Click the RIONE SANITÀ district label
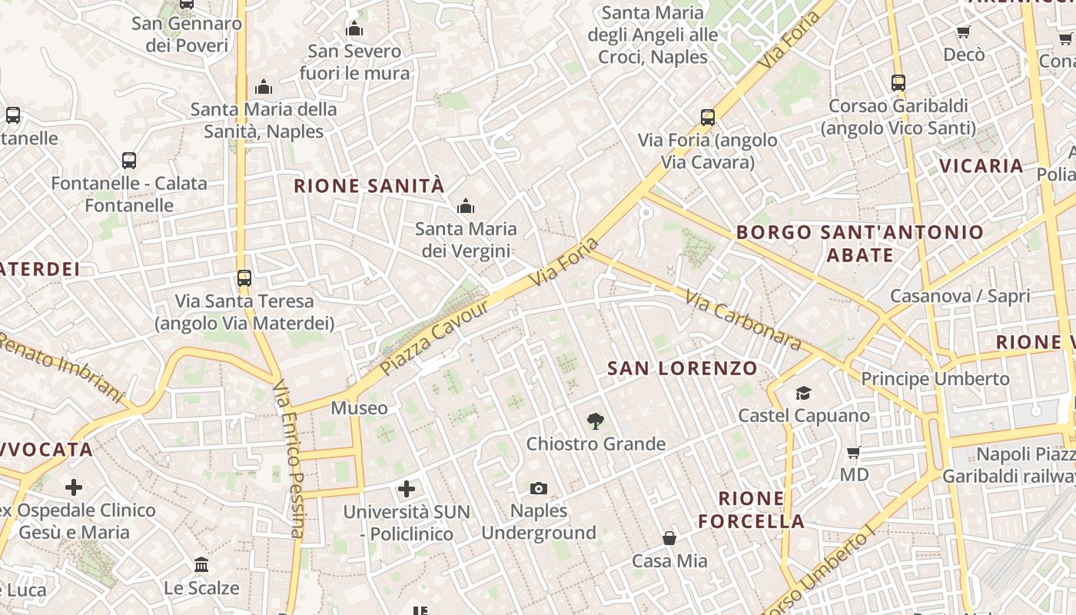[369, 186]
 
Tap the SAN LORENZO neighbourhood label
[682, 368]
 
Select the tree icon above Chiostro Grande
[595, 421]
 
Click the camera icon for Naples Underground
[539, 488]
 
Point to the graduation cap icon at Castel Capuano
[803, 393]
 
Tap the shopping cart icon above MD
[853, 452]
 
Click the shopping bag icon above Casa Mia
[669, 538]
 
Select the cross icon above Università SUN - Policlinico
[407, 488]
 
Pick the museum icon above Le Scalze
[201, 565]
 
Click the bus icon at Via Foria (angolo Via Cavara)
[708, 118]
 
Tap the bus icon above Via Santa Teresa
[244, 278]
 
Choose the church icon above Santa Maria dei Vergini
[465, 206]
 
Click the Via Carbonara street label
[742, 320]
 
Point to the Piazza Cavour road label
[435, 338]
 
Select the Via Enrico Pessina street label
[289, 459]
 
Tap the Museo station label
[359, 408]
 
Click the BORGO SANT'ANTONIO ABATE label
[860, 243]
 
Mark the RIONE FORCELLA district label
[751, 510]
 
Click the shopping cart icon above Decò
[963, 32]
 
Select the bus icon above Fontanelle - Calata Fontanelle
[129, 161]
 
